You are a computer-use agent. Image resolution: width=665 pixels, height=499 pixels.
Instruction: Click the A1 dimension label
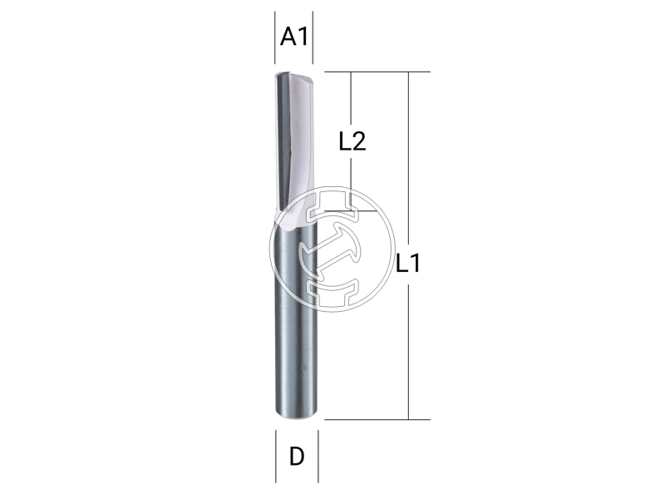[295, 37]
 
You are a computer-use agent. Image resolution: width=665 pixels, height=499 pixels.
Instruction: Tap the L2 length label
[352, 141]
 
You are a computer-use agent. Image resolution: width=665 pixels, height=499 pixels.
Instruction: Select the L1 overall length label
[409, 265]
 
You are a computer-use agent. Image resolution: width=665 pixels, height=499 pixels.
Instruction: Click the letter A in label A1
[288, 37]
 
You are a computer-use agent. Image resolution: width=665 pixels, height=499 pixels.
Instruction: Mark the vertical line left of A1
[275, 37]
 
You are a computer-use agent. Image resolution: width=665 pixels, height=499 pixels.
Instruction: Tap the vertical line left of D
[275, 456]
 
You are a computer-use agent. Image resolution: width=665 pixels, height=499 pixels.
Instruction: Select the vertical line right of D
[319, 456]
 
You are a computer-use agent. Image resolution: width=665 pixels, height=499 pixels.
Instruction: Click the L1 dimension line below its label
[409, 349]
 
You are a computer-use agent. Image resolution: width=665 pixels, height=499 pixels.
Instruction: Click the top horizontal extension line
[374, 72]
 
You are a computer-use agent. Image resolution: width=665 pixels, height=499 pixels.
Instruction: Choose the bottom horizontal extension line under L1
[374, 419]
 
